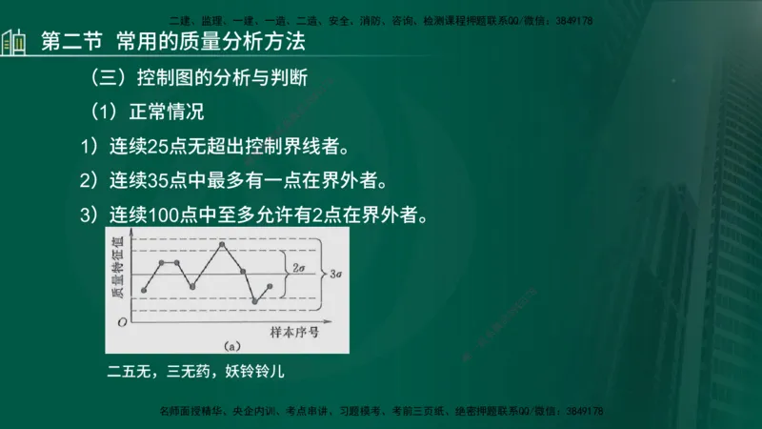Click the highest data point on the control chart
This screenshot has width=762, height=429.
pyautogui.click(x=222, y=244)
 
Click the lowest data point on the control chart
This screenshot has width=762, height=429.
pyautogui.click(x=255, y=301)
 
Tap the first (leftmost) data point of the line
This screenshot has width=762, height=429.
pyautogui.click(x=144, y=290)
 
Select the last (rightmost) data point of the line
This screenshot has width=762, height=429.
pyautogui.click(x=271, y=286)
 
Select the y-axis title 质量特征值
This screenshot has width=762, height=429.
pyautogui.click(x=121, y=273)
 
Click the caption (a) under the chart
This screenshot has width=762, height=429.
pyautogui.click(x=230, y=345)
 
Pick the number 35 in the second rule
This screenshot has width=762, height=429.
pyautogui.click(x=161, y=180)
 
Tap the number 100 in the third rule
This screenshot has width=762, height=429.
pyautogui.click(x=167, y=214)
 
